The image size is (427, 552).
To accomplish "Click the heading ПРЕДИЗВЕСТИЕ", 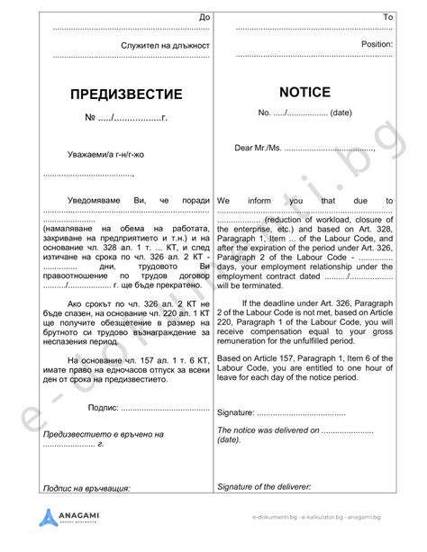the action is click(x=126, y=95).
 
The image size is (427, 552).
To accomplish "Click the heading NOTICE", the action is click(x=306, y=92).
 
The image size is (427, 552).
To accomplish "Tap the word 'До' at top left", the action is click(x=204, y=18).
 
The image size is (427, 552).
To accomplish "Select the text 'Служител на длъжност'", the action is click(x=165, y=44).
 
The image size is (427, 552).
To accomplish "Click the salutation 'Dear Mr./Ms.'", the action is click(x=259, y=147).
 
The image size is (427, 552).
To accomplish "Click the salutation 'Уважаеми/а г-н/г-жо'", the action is click(x=104, y=155).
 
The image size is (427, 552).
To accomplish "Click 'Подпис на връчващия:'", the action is click(x=86, y=489).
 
